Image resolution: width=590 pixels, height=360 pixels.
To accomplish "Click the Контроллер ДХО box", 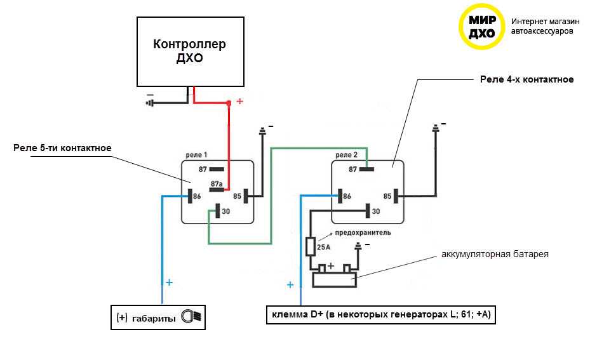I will coord(191,51).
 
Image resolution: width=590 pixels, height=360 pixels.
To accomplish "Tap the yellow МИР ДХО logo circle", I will coord(482,27).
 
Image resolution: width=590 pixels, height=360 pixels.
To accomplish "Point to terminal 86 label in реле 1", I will coord(197,196).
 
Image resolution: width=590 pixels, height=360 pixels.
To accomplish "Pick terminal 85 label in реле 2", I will coord(387,196).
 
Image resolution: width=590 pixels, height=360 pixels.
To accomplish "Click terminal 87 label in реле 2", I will coord(353,170).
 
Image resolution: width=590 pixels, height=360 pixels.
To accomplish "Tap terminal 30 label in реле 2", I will coord(376,211).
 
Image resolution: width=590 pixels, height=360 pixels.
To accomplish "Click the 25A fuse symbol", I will coord(311,246).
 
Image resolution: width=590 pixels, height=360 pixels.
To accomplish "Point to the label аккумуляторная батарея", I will coord(495,254).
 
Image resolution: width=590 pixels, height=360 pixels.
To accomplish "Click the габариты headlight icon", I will coord(191,316).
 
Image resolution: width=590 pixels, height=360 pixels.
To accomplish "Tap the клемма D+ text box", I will coord(380,315).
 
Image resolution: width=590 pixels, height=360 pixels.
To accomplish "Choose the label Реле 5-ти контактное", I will coord(62,149).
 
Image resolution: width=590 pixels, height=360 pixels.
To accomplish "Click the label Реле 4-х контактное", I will coord(526,80).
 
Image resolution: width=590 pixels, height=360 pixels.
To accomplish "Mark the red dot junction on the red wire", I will coord(229,103).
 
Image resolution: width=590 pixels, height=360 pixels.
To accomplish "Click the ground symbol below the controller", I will coord(151,101).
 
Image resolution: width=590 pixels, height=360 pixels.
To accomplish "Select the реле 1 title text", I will coord(197,155).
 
